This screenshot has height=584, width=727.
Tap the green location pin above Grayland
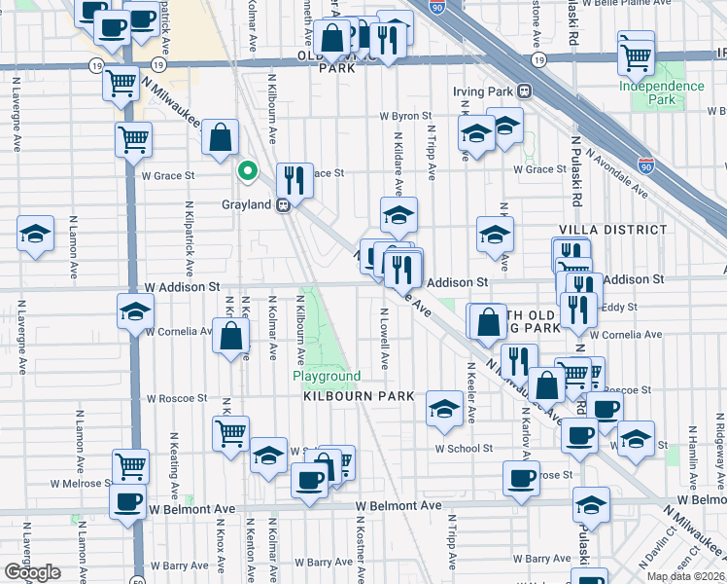(x=248, y=172)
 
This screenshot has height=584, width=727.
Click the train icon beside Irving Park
(x=525, y=91)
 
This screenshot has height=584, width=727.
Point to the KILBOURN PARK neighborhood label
(x=359, y=397)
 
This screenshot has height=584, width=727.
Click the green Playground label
(x=328, y=376)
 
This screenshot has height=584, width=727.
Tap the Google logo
(x=32, y=572)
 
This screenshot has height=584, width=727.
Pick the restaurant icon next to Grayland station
(x=294, y=179)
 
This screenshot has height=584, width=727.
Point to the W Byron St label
(x=412, y=116)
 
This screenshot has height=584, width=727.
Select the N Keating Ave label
(x=174, y=463)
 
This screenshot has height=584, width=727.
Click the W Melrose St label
(x=82, y=483)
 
